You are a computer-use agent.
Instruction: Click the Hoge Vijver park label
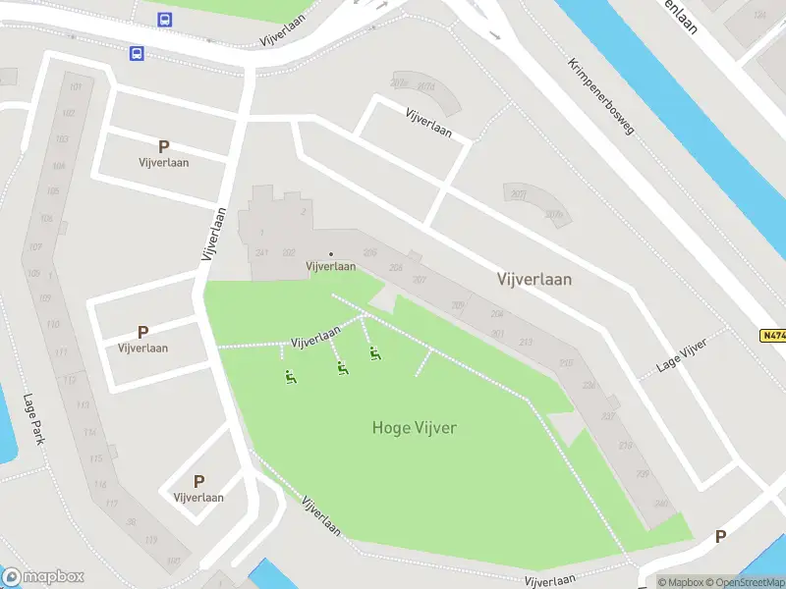[415, 427]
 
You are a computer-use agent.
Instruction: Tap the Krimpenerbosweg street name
[602, 95]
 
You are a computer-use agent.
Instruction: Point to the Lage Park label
[35, 419]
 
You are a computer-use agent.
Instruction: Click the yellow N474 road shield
[772, 335]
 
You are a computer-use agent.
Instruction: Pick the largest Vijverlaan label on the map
[533, 280]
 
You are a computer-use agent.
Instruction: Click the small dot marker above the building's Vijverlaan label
[330, 255]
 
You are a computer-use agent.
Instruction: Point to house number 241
[261, 252]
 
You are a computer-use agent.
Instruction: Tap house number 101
[76, 86]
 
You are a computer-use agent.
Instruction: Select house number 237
[608, 415]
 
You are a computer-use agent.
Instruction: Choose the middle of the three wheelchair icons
[342, 369]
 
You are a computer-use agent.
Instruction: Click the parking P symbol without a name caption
[720, 537]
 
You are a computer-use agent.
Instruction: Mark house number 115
[96, 458]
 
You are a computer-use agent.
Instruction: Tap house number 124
[758, 15]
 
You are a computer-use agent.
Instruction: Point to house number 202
[288, 252]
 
